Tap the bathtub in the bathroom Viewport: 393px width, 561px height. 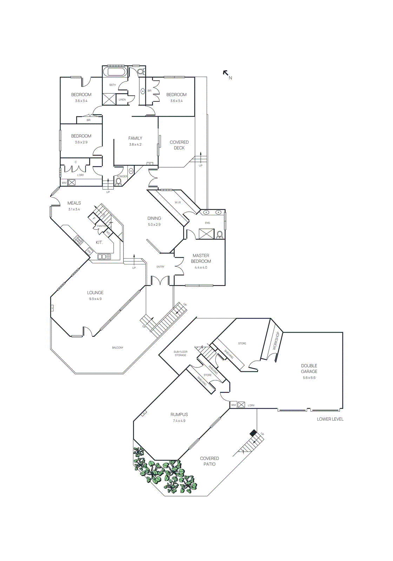(x=116, y=72)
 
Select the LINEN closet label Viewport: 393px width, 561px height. (x=122, y=100)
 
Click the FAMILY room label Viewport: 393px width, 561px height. (x=135, y=138)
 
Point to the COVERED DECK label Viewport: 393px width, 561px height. (x=179, y=145)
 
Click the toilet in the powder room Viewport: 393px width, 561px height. (x=119, y=182)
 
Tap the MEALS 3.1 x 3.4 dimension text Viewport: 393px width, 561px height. (x=74, y=209)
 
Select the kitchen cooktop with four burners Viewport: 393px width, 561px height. (x=78, y=240)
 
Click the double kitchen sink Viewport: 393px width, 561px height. (x=104, y=257)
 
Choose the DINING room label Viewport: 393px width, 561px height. (x=154, y=218)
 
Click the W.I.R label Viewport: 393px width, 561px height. (x=178, y=203)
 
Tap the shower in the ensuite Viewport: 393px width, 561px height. (x=206, y=234)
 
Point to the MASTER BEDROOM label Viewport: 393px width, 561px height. (x=201, y=258)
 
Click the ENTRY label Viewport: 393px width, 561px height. (x=160, y=267)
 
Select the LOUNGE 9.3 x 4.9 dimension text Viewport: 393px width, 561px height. (x=95, y=299)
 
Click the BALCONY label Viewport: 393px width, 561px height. (x=118, y=348)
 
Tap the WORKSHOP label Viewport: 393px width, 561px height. (x=275, y=341)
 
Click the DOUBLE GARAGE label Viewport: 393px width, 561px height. (x=309, y=369)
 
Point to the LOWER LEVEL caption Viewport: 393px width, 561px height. (x=330, y=419)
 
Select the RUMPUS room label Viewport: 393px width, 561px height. (x=179, y=414)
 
